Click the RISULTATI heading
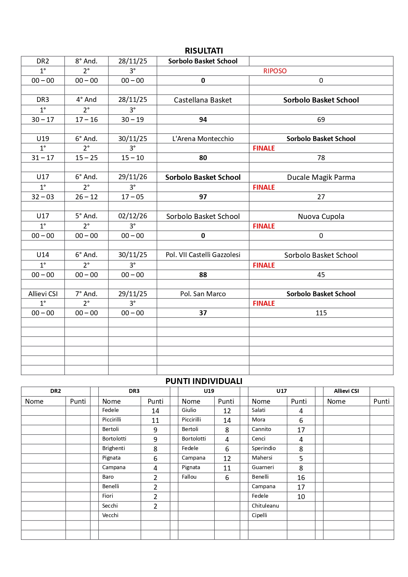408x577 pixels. point(204,51)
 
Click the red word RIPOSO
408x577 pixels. point(275,71)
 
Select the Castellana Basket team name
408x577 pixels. point(203,100)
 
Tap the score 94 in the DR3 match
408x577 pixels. point(203,120)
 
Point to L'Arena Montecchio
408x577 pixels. point(203,139)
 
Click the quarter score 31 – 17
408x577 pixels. point(43,158)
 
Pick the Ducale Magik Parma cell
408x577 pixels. point(321,178)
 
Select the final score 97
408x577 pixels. point(203,197)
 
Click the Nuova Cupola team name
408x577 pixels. point(321,216)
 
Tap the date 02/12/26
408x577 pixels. point(132,216)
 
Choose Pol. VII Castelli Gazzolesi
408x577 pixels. point(203,255)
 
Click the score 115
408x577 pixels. point(321,313)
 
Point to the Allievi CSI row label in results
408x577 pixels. point(43,294)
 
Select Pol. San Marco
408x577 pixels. point(203,294)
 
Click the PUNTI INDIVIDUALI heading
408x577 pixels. point(204,381)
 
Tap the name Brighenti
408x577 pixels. point(113,448)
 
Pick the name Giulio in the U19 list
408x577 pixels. point(189,410)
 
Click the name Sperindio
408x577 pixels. point(264,448)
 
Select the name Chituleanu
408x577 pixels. point(265,506)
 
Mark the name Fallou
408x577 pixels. point(189,477)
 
